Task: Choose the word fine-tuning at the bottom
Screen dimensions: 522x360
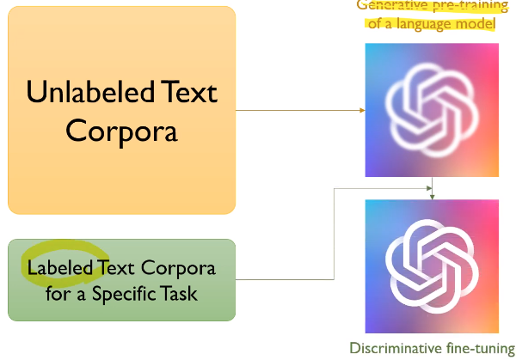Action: pyautogui.click(x=482, y=348)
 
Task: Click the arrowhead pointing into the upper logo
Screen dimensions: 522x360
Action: pyautogui.click(x=361, y=111)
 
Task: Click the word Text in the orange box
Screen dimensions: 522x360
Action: pyautogui.click(x=181, y=92)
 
